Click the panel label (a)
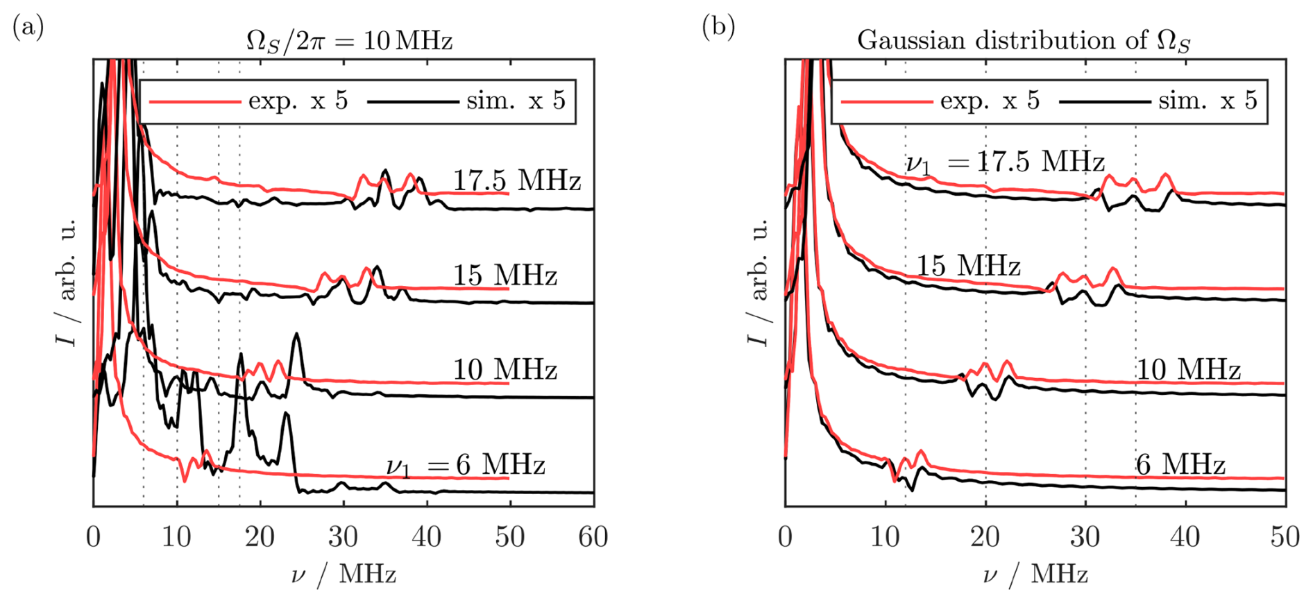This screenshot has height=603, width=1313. point(28,28)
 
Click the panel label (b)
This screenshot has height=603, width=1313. point(718,28)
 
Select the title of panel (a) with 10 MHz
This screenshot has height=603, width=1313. point(349,40)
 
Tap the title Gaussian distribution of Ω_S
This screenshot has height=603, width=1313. point(1024,40)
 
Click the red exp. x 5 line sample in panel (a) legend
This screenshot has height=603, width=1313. point(195,102)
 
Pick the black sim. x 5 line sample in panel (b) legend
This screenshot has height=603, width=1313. point(1104,102)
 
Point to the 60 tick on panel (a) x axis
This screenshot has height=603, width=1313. point(593,537)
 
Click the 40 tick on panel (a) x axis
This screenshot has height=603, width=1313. point(426,537)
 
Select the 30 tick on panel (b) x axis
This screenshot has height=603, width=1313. point(1085,537)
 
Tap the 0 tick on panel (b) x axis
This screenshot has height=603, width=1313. point(785,537)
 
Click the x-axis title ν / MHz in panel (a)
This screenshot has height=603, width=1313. point(344,575)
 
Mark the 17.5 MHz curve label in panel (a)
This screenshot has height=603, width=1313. point(517,180)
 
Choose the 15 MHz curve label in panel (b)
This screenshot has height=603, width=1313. point(968,266)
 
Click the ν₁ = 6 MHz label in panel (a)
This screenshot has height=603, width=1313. point(466,465)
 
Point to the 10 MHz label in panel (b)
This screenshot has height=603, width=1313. point(1187,370)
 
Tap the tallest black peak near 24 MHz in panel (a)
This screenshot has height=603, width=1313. point(297,334)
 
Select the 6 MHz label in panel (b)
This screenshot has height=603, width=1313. point(1180,464)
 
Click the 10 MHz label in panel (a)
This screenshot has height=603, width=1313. point(505,370)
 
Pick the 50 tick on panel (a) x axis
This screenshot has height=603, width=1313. point(509,537)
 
